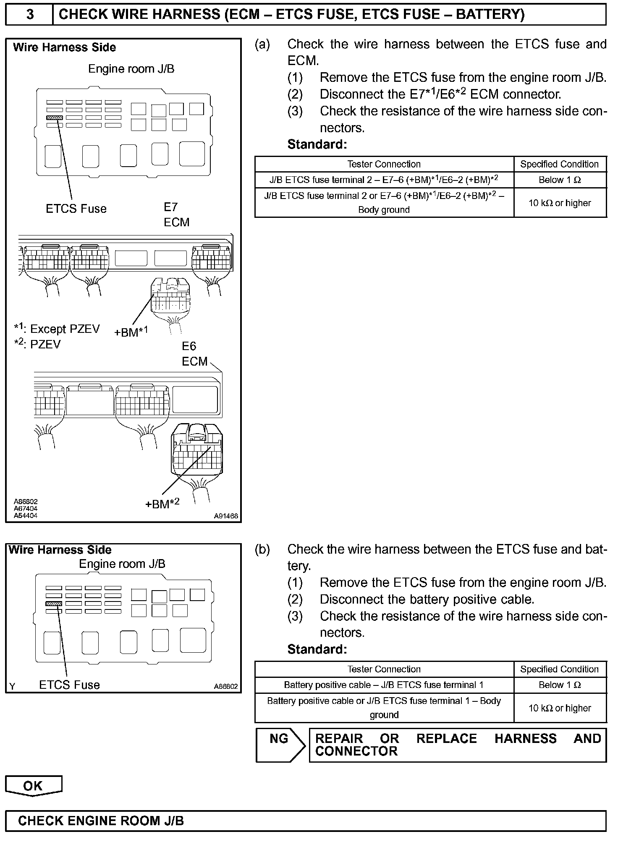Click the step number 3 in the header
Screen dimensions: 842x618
point(30,15)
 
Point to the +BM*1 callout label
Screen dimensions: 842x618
point(131,332)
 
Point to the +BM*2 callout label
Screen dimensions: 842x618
point(162,503)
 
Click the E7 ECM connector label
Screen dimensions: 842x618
point(177,215)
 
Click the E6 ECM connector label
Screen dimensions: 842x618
point(195,354)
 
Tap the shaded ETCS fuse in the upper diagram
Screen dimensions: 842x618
point(55,118)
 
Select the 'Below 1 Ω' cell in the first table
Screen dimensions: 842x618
point(560,180)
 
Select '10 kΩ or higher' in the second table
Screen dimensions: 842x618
point(560,708)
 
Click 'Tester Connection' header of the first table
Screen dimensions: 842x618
point(384,164)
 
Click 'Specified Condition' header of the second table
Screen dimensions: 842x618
point(560,669)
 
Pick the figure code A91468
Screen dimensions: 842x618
point(226,516)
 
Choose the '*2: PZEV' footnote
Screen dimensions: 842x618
point(37,345)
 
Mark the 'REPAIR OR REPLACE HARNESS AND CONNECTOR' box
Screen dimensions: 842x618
point(458,745)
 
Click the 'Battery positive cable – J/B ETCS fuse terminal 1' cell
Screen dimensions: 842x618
point(384,685)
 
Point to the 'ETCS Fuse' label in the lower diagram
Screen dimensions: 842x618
point(69,685)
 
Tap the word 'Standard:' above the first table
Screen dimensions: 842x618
point(317,144)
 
